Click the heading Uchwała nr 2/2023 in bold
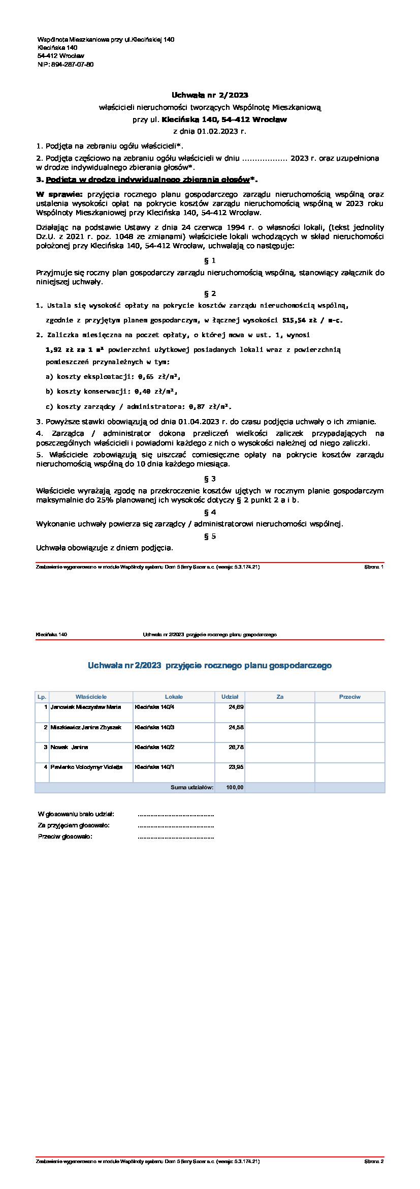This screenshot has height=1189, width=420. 210,95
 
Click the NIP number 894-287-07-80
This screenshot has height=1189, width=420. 72,65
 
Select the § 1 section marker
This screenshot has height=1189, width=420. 210,260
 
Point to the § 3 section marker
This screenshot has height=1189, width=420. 210,479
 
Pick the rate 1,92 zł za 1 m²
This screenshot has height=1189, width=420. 75,350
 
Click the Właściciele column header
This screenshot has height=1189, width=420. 91,697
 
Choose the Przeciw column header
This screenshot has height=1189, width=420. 349,697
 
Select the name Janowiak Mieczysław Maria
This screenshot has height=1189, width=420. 86,707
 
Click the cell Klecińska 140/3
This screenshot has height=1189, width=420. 154,727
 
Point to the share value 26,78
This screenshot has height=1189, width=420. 236,747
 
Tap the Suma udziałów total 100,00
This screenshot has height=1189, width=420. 235,787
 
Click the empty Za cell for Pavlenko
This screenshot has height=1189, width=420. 279,772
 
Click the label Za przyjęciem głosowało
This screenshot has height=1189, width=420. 74,825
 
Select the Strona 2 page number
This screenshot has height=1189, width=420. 374,1162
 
